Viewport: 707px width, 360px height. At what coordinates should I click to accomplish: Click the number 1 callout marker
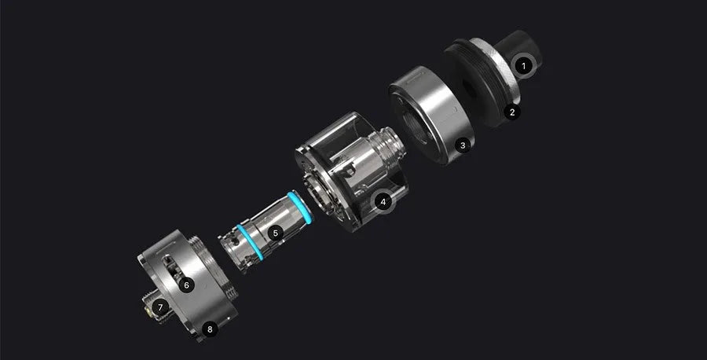[523, 66]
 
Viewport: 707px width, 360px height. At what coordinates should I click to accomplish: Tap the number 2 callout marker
[512, 112]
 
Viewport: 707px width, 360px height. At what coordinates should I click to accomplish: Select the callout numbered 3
[463, 145]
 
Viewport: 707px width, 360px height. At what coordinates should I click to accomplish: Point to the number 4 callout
[383, 202]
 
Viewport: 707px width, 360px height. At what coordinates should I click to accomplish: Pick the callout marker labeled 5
[276, 233]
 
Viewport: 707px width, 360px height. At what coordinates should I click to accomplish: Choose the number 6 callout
[186, 285]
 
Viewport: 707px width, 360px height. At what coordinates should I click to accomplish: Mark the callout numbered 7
[160, 307]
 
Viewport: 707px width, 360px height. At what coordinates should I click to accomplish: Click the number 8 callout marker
[210, 329]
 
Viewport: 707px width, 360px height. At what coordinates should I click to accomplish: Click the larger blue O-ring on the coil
[300, 207]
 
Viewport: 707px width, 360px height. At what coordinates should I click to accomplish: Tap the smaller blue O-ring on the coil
[249, 242]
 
